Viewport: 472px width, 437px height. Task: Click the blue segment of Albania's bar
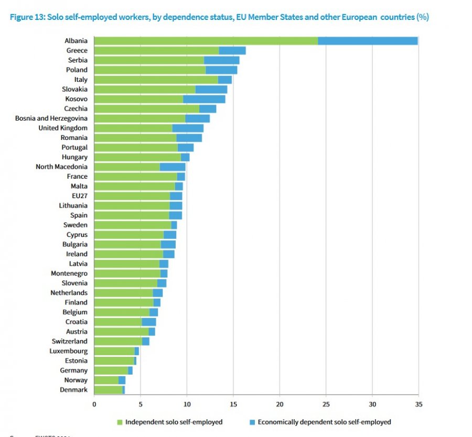368,41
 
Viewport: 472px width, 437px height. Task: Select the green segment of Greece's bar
156,50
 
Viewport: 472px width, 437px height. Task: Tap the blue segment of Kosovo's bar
204,99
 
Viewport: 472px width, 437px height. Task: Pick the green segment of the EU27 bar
132,196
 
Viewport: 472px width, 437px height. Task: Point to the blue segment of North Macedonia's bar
173,167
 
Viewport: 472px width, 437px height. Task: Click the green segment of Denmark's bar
108,390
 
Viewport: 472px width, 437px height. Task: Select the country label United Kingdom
63,128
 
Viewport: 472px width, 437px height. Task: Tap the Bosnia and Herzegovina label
51,118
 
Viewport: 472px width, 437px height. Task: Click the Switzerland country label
70,341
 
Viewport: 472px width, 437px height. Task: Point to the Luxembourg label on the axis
69,351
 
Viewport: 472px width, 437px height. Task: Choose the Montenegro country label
69,274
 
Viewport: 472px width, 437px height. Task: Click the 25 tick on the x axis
326,404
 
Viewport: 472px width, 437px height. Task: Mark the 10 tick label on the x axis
187,404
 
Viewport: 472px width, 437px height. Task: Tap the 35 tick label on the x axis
418,404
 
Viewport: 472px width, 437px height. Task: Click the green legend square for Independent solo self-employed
120,422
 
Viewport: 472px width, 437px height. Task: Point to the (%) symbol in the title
422,17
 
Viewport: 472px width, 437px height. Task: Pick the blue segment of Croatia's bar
149,322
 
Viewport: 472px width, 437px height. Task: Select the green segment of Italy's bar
156,80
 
